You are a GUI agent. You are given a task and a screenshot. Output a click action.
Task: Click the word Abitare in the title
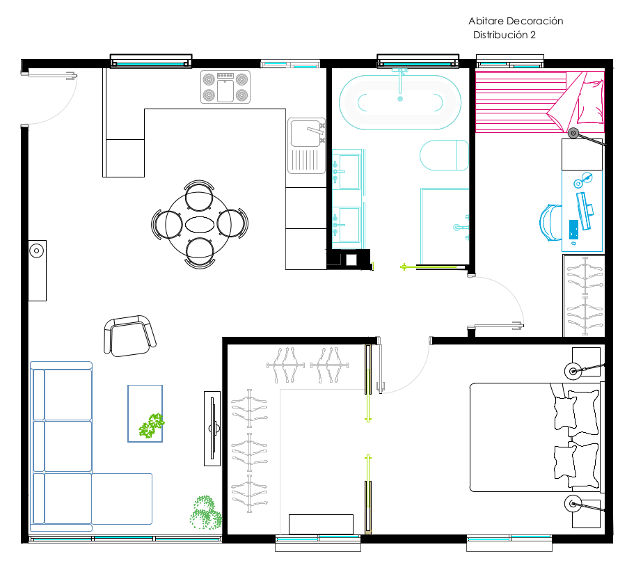coord(486,21)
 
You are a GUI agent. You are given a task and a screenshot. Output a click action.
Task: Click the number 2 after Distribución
coord(532,35)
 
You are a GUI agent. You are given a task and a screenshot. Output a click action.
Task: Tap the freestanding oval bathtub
coord(400,102)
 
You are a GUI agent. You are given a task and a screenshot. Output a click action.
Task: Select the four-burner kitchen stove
coord(225,87)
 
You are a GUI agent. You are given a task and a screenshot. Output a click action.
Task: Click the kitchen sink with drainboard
coord(307,146)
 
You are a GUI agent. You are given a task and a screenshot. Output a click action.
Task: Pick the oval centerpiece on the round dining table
coord(199,225)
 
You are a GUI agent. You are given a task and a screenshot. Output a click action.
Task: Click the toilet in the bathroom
coord(444,155)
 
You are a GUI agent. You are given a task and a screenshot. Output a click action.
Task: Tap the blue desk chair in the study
coord(550,222)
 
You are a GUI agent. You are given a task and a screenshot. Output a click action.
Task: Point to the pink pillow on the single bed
coord(590,102)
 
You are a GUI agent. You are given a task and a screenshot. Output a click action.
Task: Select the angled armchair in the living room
coord(129,336)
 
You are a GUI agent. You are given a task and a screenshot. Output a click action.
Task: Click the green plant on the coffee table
coord(151,426)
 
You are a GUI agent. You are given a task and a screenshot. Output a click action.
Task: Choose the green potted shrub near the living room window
coord(205,513)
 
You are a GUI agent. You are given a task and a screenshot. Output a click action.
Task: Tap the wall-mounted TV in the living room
coord(212,429)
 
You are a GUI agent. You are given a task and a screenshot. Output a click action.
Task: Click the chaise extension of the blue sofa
coord(122,498)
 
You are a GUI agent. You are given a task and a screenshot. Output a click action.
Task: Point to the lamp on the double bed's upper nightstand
coord(573,371)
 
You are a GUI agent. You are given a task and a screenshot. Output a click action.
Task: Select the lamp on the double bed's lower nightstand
coord(573,504)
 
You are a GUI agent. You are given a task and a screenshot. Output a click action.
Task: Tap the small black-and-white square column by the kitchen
coord(351,260)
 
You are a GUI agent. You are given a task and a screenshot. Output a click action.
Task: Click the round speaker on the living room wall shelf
coord(36,251)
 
